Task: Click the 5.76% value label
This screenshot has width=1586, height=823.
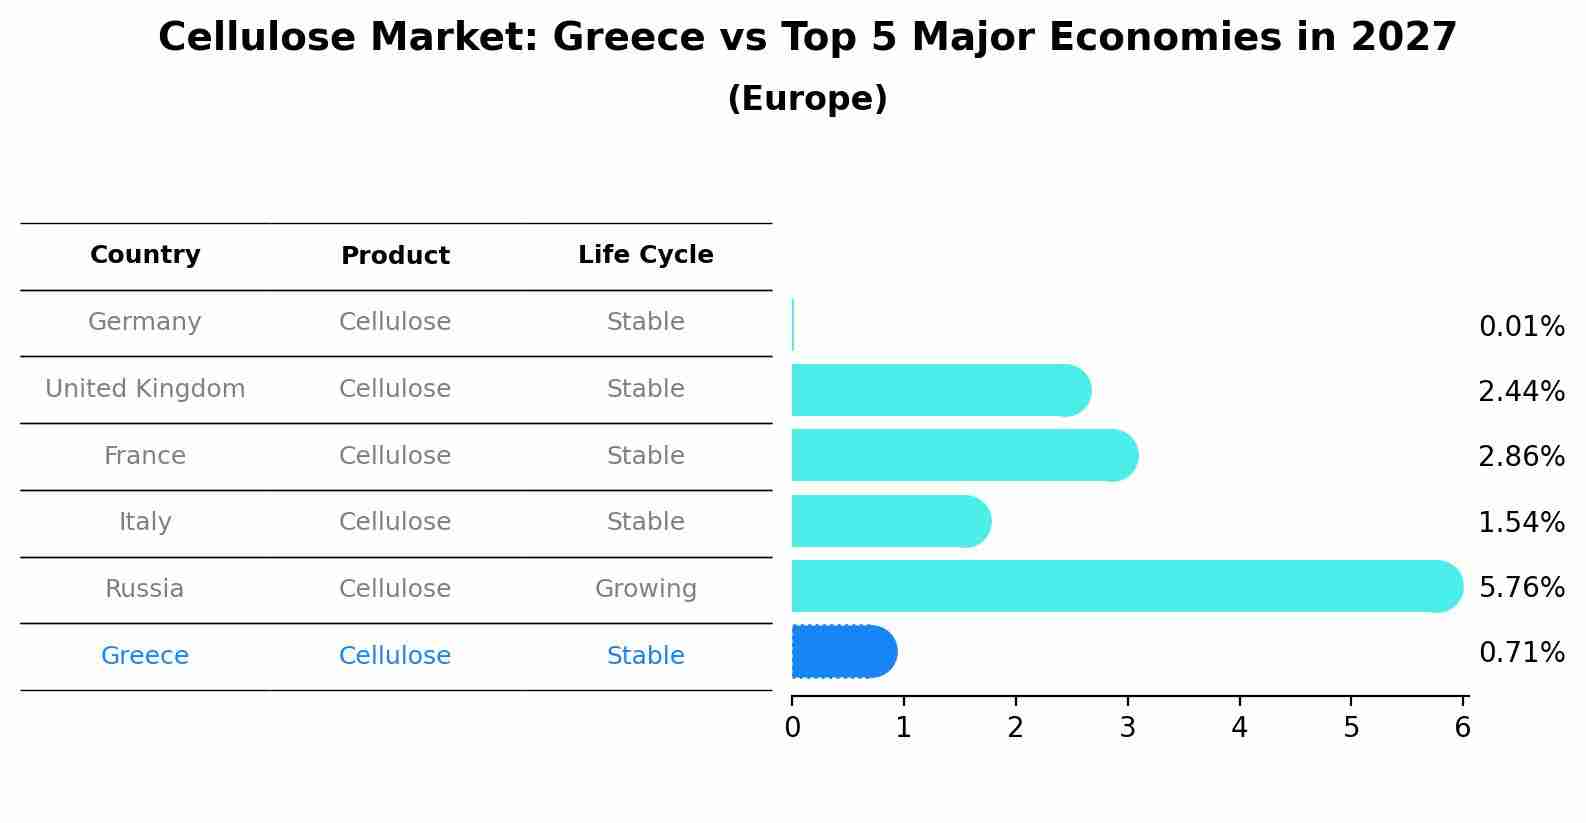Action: [1521, 587]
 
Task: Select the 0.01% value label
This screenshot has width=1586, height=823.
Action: [1521, 327]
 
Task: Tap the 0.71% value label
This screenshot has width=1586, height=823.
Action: [1521, 653]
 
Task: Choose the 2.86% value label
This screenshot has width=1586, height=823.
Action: [1521, 457]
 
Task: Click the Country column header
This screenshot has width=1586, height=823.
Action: [145, 255]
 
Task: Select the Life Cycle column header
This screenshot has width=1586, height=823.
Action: [645, 255]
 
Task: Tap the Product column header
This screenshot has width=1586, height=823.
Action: [395, 256]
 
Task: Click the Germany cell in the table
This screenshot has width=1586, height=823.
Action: [145, 322]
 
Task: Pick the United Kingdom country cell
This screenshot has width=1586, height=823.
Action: [145, 389]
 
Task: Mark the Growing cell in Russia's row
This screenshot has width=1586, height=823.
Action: [645, 589]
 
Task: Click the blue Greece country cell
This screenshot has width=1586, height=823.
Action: [145, 656]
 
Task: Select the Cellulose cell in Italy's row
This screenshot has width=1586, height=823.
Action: [395, 522]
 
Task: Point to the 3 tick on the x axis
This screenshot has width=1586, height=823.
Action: [1128, 728]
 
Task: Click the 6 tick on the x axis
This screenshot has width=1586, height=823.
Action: [1463, 728]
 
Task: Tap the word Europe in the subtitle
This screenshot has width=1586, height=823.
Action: [807, 99]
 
